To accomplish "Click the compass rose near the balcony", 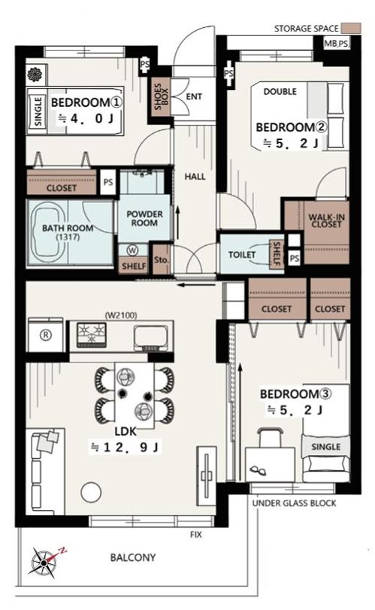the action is (x=44, y=561).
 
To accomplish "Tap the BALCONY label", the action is (x=133, y=557).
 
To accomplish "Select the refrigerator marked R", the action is (x=46, y=335).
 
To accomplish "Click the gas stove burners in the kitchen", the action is (x=92, y=335).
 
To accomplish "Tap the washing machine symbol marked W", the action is (x=132, y=250).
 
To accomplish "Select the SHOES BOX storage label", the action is (x=161, y=96).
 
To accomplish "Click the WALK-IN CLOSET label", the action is (x=326, y=221).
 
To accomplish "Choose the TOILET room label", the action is (x=242, y=255).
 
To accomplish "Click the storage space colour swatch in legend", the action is (x=351, y=29).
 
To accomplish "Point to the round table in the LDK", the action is (x=91, y=492).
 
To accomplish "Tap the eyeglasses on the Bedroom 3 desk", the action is (x=258, y=470).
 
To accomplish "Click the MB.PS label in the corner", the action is (x=337, y=44).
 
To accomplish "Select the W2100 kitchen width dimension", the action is (x=121, y=315).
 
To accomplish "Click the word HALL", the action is (x=195, y=177).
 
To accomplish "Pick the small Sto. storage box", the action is (x=162, y=259).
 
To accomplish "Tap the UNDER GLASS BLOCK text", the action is (x=294, y=503).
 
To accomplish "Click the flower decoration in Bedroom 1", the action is (x=35, y=74).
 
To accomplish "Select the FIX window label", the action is (x=196, y=535).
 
